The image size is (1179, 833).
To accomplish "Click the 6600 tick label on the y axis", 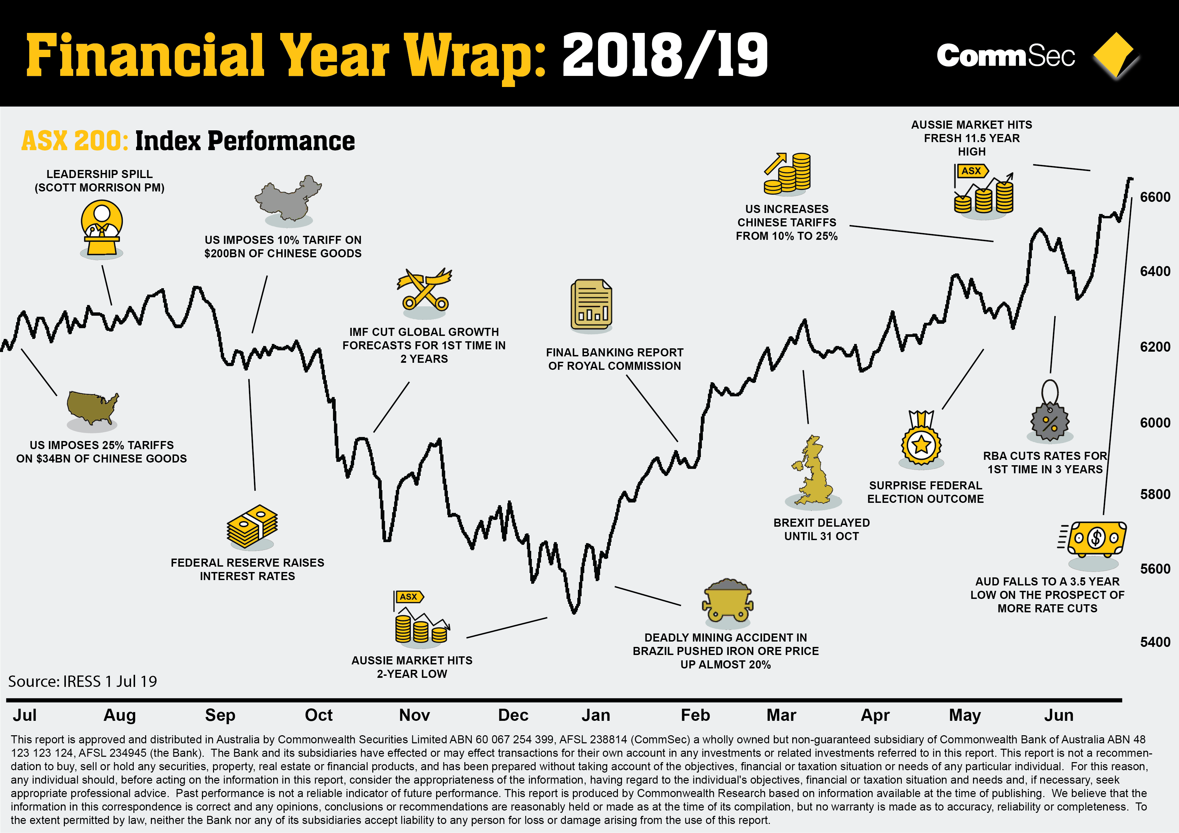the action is click(x=1155, y=197).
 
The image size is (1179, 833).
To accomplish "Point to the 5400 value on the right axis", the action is click(x=1155, y=642).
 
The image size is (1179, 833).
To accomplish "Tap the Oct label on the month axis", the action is click(x=319, y=715).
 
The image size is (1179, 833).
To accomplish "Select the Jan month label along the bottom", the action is click(x=596, y=715).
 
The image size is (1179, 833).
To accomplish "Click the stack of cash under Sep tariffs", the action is click(x=252, y=527).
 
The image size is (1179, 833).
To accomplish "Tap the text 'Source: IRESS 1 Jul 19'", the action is click(x=83, y=682).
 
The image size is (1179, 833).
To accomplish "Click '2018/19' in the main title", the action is click(x=665, y=55).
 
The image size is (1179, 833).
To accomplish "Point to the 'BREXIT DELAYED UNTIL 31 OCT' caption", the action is click(x=821, y=529).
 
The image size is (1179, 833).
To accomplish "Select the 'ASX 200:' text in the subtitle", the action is click(x=75, y=141).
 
